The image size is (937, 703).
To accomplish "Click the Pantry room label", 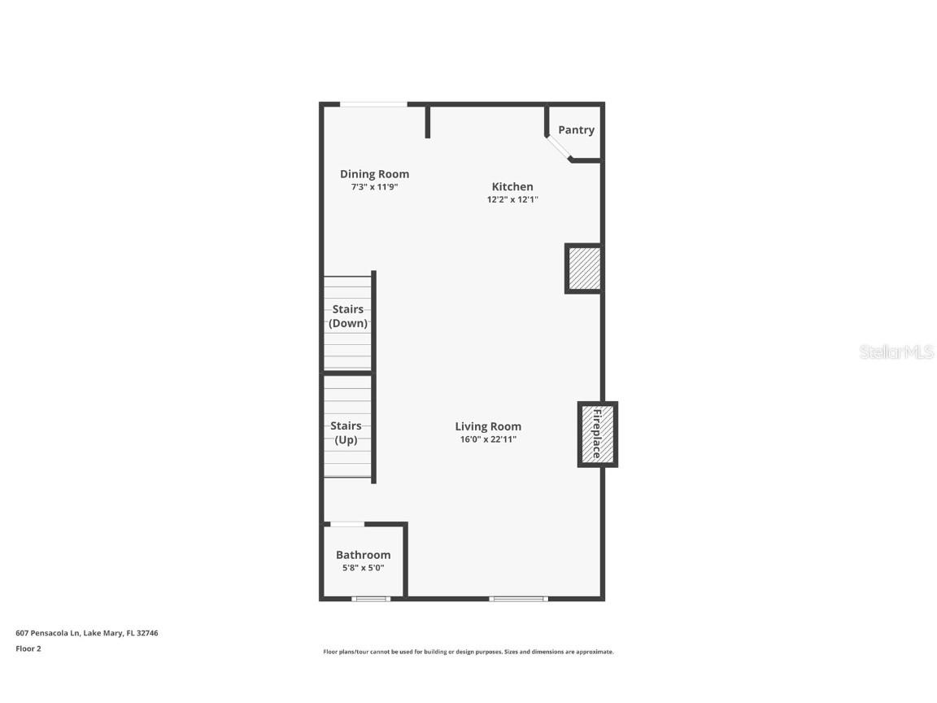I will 576,130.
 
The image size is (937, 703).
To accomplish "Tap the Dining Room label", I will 374,174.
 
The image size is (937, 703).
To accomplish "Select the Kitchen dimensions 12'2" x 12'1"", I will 512,199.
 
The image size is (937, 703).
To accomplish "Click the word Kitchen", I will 512,187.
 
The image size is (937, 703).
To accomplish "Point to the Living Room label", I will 488,426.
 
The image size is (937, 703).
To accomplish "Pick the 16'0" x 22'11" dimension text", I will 488,439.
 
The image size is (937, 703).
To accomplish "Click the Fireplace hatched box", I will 598,434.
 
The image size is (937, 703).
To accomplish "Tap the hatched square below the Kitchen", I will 584,269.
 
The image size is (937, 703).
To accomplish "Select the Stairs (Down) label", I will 347,317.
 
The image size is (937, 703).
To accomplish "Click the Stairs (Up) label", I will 346,433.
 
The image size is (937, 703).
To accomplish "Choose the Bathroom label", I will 363,555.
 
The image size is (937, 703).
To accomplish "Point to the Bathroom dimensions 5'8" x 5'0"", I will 363,568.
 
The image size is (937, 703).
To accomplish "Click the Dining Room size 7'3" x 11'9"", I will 374,187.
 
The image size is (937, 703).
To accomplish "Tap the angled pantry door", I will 559,148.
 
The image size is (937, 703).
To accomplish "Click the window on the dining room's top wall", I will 373,104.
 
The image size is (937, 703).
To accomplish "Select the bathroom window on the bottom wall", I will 371,599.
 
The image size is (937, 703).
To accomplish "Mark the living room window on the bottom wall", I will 518,599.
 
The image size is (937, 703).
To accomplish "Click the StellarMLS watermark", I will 897,352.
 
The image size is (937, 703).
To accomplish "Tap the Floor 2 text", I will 28,648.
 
